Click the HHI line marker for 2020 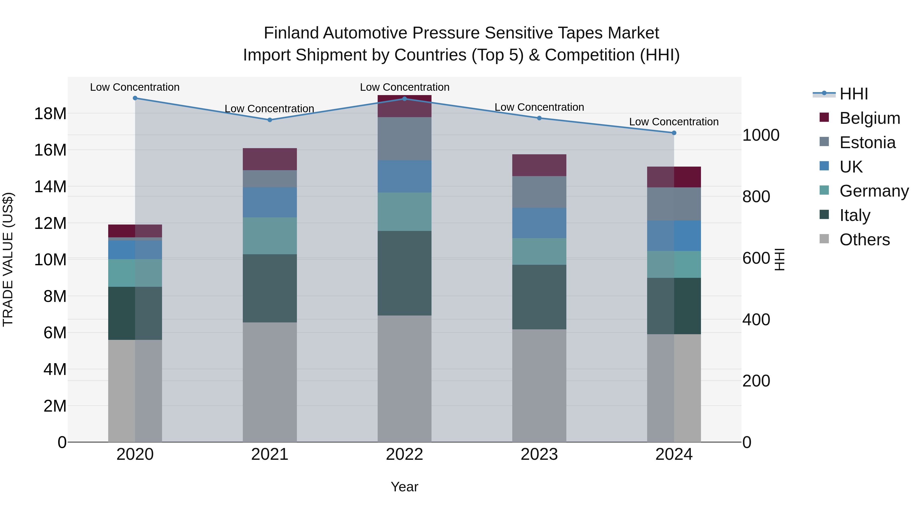[135, 98]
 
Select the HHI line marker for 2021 [270, 120]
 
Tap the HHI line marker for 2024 [674, 133]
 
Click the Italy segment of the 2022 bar [405, 273]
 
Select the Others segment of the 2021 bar [270, 382]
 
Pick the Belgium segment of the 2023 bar [539, 165]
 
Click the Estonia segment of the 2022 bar [405, 139]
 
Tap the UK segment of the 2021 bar [270, 202]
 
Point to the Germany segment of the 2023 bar [539, 251]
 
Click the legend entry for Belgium [870, 118]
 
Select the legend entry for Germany [874, 191]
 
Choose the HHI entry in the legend [854, 94]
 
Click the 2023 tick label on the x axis [539, 454]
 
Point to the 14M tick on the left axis [50, 187]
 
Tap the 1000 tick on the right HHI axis [761, 135]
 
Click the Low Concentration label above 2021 [269, 108]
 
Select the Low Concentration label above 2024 [674, 122]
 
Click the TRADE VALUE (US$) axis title [8, 259]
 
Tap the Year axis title [405, 487]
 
